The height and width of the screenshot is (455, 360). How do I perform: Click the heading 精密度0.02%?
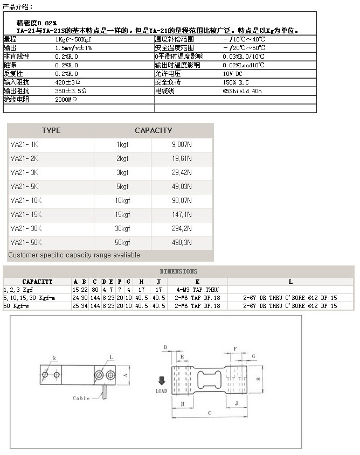(37, 24)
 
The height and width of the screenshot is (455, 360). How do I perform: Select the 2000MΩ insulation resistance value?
(66, 100)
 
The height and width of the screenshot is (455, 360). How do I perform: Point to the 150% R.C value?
(236, 82)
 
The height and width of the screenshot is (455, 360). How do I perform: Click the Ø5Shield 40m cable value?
(242, 91)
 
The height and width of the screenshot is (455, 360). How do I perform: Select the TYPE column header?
(51, 130)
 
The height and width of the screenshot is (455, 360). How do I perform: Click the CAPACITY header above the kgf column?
(153, 130)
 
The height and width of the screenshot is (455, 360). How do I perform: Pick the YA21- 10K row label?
(25, 201)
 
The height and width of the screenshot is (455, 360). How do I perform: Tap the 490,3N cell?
(182, 243)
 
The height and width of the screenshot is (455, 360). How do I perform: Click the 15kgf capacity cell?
(122, 215)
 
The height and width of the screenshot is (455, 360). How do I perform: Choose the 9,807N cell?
(182, 145)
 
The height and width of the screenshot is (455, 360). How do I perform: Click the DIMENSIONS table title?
(178, 271)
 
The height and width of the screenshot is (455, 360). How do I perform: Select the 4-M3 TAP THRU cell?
(197, 290)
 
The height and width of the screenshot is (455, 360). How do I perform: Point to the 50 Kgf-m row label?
(18, 306)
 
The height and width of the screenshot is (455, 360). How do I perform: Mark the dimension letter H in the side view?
(182, 403)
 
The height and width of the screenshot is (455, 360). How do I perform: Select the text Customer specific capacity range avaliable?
(74, 255)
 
